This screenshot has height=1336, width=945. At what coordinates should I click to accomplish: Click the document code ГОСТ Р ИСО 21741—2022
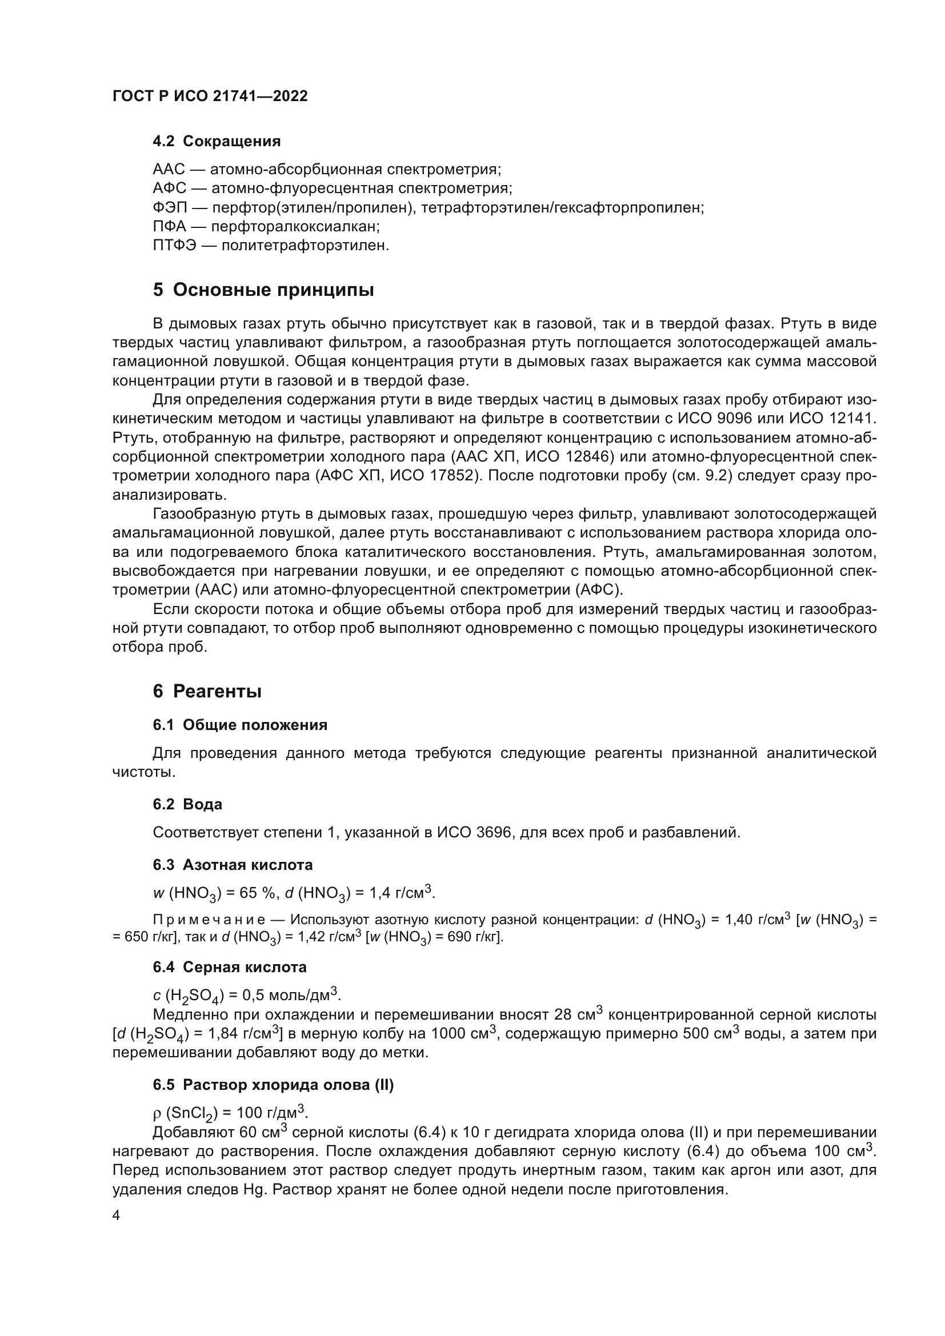click(x=210, y=96)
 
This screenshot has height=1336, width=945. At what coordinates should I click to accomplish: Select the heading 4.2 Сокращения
click(x=217, y=142)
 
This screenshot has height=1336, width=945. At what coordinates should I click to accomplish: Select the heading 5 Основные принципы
click(x=263, y=290)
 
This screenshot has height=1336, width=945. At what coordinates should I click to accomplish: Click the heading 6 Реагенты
click(x=207, y=691)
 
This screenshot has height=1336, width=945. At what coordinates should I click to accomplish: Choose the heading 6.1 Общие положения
click(x=240, y=725)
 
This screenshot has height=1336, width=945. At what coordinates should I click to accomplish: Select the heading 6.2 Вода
click(x=187, y=804)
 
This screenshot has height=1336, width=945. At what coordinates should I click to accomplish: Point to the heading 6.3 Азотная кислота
click(x=233, y=865)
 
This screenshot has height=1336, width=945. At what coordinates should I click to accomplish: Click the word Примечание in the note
click(x=209, y=920)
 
